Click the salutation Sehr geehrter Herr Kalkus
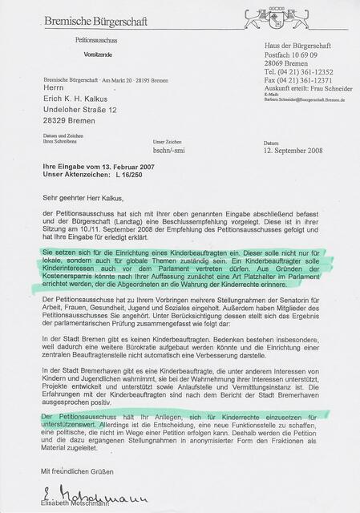click(x=88, y=194)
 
